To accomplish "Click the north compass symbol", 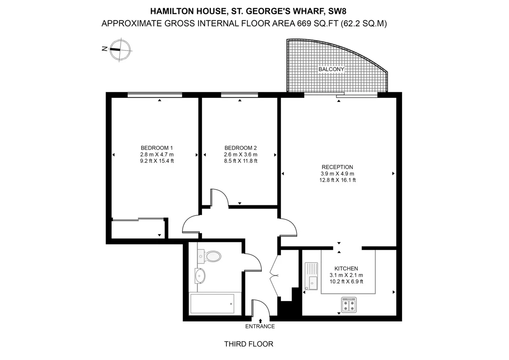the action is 120,50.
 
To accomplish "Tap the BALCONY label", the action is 331,69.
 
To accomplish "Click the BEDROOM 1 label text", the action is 157,148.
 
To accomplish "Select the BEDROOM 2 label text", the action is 241,148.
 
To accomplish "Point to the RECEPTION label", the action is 337,167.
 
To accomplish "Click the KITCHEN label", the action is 346,268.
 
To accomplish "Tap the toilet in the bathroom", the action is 209,256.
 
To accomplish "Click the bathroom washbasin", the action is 200,276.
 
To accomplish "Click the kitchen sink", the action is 311,276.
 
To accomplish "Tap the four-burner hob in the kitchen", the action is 349,305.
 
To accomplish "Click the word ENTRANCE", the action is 260,326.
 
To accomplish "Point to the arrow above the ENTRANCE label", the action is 260,321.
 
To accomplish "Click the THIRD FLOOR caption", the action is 249,344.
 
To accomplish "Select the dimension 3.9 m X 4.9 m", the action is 337,174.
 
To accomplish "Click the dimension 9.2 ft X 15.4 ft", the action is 157,161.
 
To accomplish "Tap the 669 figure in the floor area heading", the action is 304,23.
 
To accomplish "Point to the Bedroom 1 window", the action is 155,95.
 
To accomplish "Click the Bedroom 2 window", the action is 240,95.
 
